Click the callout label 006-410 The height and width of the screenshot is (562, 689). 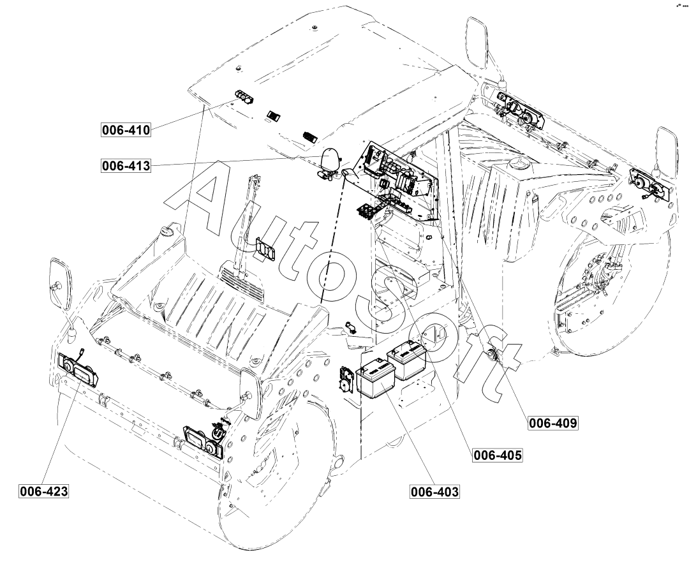[x=126, y=130]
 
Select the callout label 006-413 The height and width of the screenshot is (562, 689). [x=126, y=166]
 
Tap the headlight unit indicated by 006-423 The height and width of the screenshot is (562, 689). [x=78, y=372]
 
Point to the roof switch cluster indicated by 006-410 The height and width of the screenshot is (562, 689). [x=243, y=96]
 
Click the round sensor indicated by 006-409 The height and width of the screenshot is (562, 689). [x=493, y=354]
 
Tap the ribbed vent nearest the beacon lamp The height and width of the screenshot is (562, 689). [x=311, y=136]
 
